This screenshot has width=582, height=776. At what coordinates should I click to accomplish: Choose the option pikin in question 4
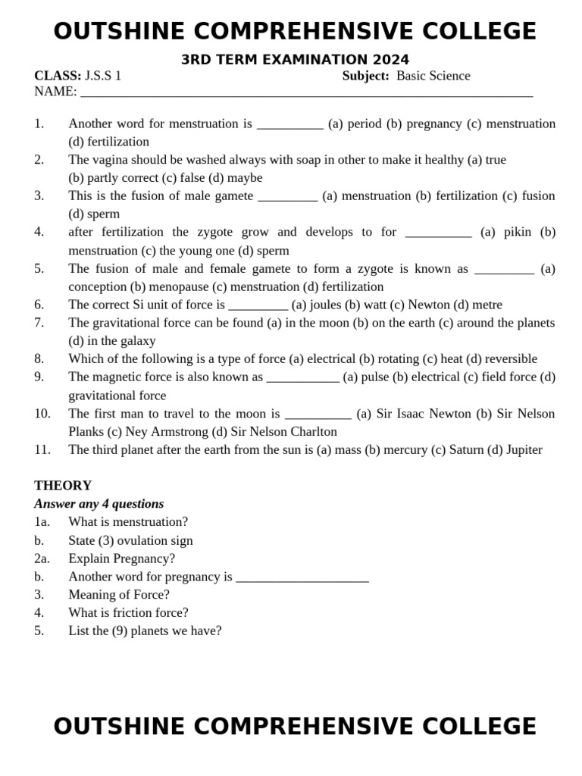point(518,232)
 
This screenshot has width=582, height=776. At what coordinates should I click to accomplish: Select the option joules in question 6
point(325,305)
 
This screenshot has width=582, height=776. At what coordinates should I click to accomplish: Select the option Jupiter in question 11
point(524,449)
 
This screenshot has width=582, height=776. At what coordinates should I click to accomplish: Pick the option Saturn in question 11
point(465,449)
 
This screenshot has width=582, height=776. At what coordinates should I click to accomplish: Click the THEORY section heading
point(63,486)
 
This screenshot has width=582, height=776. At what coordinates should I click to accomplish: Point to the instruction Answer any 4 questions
point(99,504)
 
